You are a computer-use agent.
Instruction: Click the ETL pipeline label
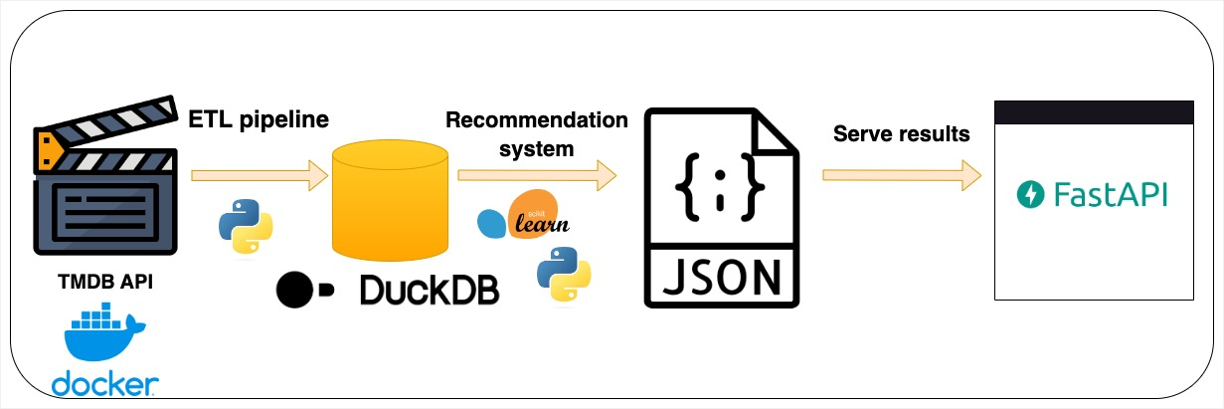259,119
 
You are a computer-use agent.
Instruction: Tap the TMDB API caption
105,282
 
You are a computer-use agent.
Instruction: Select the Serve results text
902,134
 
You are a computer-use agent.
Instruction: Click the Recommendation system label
537,134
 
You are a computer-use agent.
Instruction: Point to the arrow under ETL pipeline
260,175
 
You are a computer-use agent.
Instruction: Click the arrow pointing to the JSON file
537,175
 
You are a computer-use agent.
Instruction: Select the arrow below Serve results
902,175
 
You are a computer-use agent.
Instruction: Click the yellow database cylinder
390,200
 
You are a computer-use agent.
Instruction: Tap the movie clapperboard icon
105,175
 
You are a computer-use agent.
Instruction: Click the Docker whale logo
103,332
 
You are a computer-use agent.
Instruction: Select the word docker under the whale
105,384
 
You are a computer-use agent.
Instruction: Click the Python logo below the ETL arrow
246,226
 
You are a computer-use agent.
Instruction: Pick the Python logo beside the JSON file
564,274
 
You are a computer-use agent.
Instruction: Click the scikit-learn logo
523,214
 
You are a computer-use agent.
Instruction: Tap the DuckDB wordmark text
430,290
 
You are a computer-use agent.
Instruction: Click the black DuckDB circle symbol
294,290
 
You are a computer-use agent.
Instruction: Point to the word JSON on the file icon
722,278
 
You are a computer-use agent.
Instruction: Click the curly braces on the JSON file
720,187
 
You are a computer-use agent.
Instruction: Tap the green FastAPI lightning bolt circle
1030,194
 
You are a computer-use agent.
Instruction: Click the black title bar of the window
1094,112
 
